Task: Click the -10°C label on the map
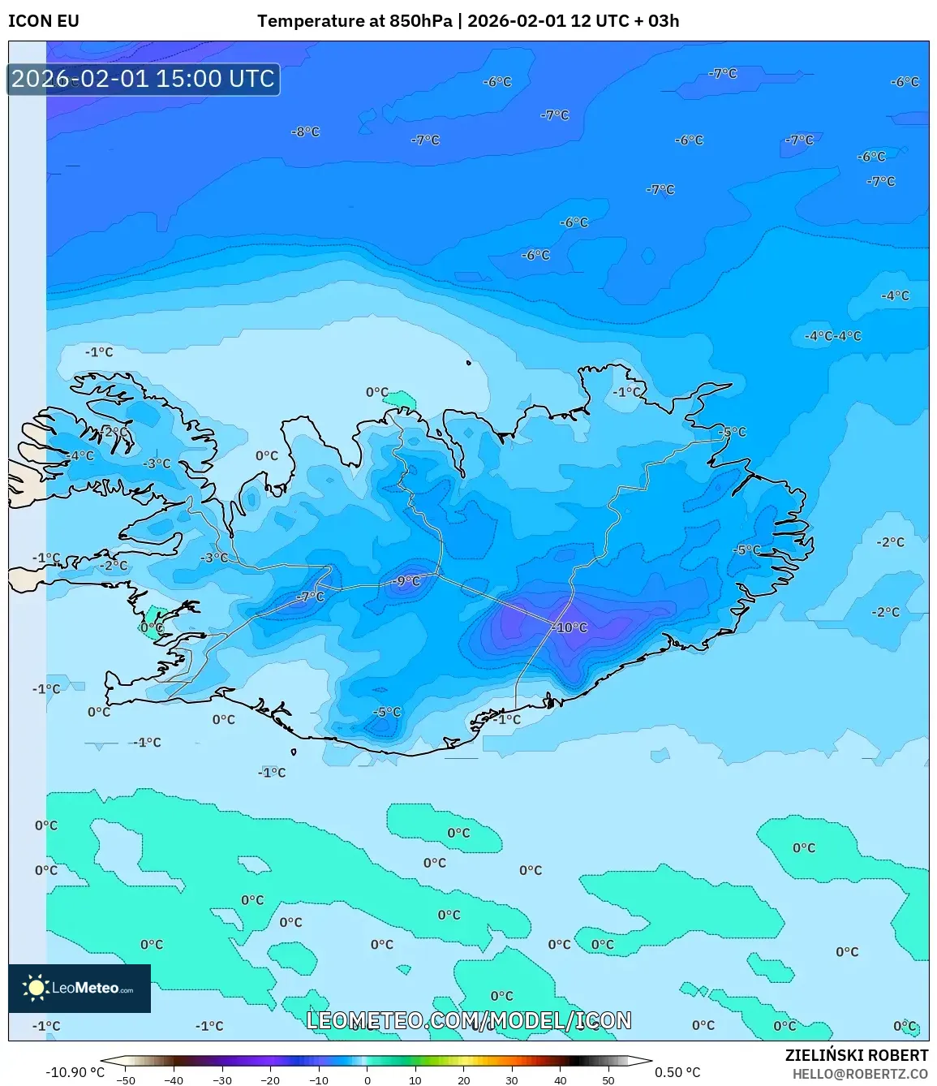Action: pos(570,627)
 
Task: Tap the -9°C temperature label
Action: pos(406,581)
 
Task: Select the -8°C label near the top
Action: pos(306,131)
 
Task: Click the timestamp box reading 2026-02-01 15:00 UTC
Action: pos(144,79)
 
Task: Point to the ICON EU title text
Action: pos(44,21)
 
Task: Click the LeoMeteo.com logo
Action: pos(80,988)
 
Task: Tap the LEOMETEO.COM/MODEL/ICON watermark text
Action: pos(469,1020)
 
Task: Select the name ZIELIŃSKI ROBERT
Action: pos(856,1055)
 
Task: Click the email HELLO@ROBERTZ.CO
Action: pos(860,1074)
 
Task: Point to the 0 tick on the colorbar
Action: pos(367,1080)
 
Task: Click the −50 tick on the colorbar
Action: pos(126,1080)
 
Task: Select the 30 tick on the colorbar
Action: pos(511,1080)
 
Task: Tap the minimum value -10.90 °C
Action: pos(75,1072)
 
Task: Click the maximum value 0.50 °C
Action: pos(677,1072)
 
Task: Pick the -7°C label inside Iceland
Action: pos(310,597)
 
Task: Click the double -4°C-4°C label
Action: pos(833,336)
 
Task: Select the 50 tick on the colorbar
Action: pos(608,1080)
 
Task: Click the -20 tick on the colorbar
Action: pos(270,1080)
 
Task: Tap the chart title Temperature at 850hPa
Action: pos(355,21)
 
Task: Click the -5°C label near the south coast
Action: pos(387,712)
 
